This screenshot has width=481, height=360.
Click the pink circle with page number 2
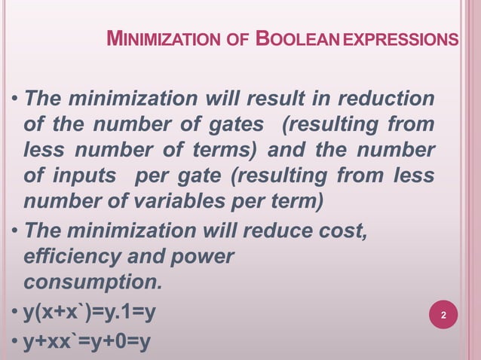[x=443, y=315]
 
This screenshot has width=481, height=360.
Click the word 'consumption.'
[x=93, y=282]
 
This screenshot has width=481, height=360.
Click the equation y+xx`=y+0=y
[x=87, y=342]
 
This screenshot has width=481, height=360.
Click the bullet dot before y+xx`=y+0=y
[x=15, y=343]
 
